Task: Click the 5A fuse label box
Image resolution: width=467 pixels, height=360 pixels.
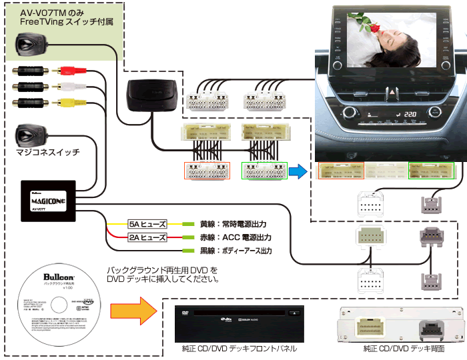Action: point(147,225)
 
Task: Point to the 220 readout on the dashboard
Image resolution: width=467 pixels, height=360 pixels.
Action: point(412,115)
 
